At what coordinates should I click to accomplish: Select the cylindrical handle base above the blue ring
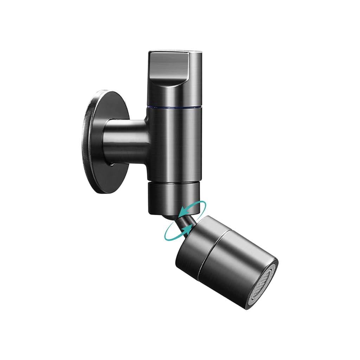coord(175,95)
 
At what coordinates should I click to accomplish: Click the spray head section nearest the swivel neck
coord(197,246)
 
